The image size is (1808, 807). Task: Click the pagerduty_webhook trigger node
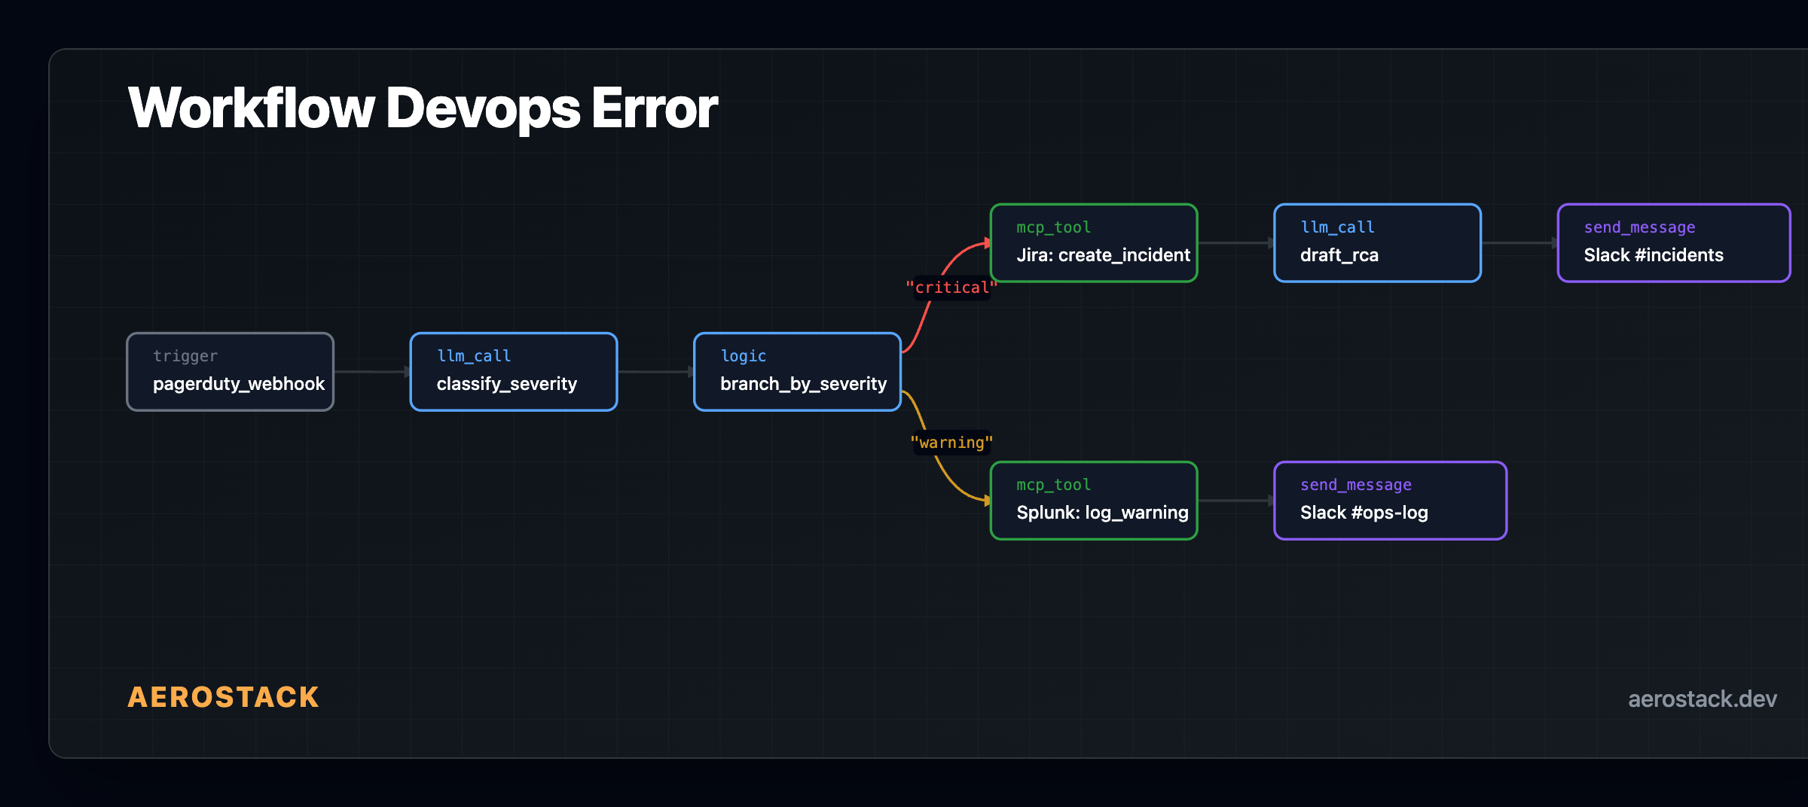click(x=230, y=372)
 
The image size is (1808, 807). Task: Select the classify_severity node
click(x=514, y=372)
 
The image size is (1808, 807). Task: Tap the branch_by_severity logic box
click(x=797, y=372)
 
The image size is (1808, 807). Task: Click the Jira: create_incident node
click(x=1094, y=243)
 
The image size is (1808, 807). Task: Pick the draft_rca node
click(x=1377, y=243)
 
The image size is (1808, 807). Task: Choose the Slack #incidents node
click(x=1674, y=243)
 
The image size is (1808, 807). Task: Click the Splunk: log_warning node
click(x=1094, y=501)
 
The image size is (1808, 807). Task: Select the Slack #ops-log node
click(x=1390, y=501)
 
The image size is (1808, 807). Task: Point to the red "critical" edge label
click(x=951, y=288)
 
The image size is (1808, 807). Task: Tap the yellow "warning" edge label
click(x=951, y=443)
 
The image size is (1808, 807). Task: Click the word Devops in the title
click(x=483, y=108)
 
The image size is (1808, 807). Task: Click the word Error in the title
click(x=654, y=108)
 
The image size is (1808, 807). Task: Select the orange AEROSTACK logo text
click(x=223, y=697)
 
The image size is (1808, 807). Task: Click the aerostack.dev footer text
click(x=1702, y=699)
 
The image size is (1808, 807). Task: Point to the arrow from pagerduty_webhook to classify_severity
click(x=371, y=372)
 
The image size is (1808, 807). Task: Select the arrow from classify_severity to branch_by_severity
click(x=655, y=372)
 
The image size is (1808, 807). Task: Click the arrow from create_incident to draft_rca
click(x=1235, y=243)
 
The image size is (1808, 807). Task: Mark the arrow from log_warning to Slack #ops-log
click(x=1235, y=501)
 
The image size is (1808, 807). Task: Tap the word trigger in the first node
click(x=185, y=356)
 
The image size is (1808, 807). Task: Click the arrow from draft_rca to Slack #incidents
click(x=1519, y=243)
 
